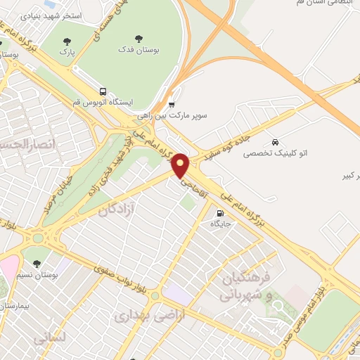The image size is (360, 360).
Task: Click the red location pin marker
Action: (x=181, y=165)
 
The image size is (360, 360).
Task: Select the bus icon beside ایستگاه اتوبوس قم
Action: (x=103, y=91)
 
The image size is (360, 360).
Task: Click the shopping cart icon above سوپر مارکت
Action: (x=172, y=104)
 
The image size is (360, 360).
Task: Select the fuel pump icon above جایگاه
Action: (x=221, y=213)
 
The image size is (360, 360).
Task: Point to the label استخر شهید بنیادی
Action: (x=51, y=15)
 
